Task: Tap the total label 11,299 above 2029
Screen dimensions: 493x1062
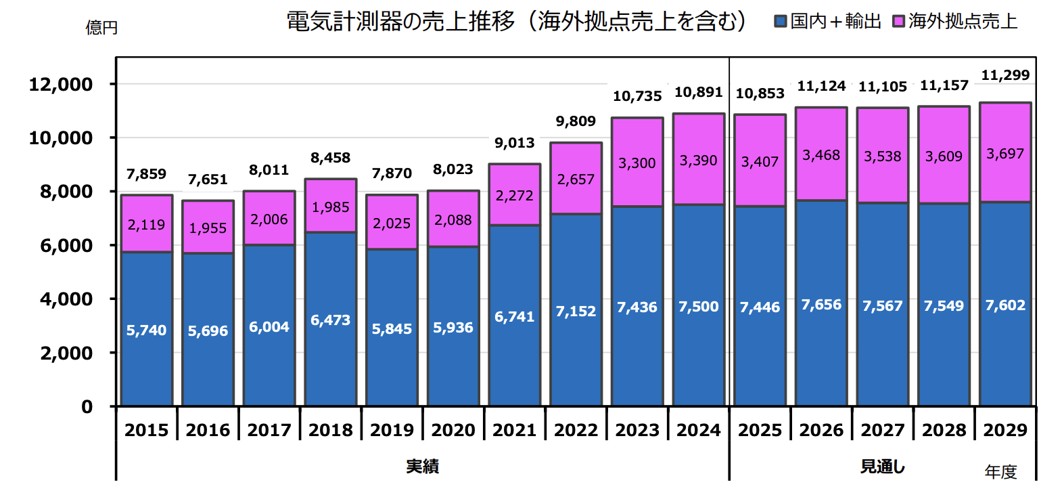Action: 1005,75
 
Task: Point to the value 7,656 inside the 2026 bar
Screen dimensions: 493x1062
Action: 821,305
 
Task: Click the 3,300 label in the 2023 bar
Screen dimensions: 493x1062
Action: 637,163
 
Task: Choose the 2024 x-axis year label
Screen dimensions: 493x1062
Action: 698,430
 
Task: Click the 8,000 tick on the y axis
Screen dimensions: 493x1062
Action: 66,192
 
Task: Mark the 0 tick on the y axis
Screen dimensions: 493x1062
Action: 87,407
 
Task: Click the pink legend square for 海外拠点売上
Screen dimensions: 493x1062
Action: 898,22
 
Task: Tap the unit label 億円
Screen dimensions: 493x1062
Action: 101,28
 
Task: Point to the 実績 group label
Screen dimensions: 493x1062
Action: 422,467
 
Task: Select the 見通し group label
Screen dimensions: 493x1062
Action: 882,467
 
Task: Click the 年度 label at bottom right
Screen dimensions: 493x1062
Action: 1000,472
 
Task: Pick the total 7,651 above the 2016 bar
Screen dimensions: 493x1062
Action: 208,179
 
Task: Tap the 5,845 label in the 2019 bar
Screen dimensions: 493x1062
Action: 392,329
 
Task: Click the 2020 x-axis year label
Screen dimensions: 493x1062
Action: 453,430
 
